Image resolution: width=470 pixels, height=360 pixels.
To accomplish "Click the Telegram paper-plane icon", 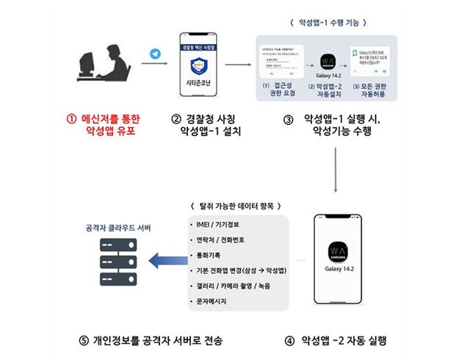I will (x=154, y=54).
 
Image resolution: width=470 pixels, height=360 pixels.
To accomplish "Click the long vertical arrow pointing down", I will (x=336, y=170).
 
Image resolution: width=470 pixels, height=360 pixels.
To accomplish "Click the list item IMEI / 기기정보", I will (x=214, y=223).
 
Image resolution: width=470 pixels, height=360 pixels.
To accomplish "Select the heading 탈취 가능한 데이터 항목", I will (x=236, y=204).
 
